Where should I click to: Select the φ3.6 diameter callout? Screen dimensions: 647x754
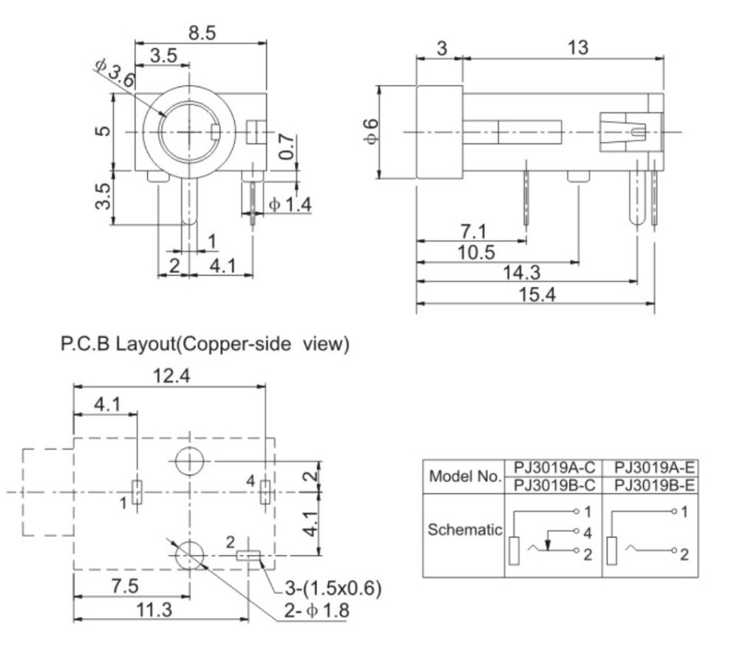pyautogui.click(x=115, y=73)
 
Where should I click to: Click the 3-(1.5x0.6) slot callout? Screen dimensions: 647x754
pyautogui.click(x=333, y=589)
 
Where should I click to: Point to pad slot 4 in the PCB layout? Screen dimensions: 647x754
pyautogui.click(x=265, y=491)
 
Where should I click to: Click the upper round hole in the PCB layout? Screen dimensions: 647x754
pyautogui.click(x=190, y=461)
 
